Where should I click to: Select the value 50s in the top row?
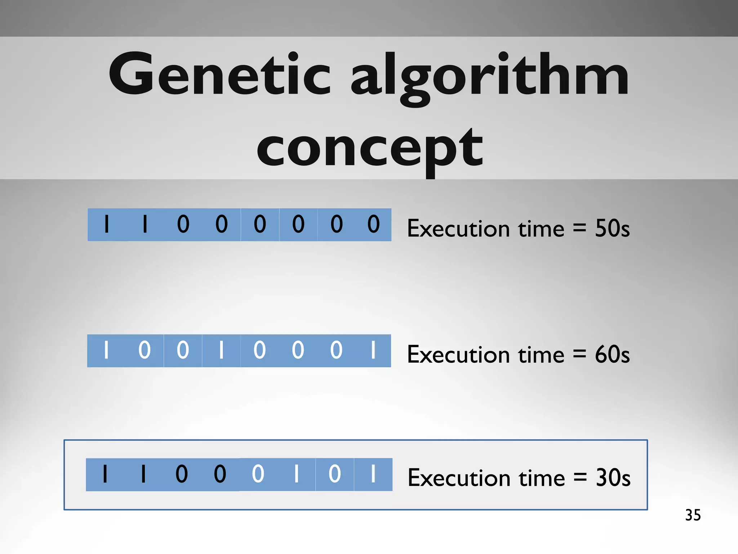point(612,228)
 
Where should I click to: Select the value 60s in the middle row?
point(612,354)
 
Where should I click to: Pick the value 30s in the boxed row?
point(613,478)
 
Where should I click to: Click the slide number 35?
point(693,515)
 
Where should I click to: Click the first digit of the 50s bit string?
point(106,224)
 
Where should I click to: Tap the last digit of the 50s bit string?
point(373,224)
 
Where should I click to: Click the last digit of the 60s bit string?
point(373,350)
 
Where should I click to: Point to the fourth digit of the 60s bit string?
point(221,350)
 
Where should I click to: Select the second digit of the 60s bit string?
point(145,350)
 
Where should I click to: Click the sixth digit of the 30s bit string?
point(296,474)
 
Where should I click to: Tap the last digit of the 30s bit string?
point(373,474)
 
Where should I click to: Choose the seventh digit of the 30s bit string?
point(334,474)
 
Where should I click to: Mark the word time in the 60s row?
point(541,355)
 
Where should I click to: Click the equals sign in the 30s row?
point(580,478)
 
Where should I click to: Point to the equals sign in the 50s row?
point(579,228)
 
